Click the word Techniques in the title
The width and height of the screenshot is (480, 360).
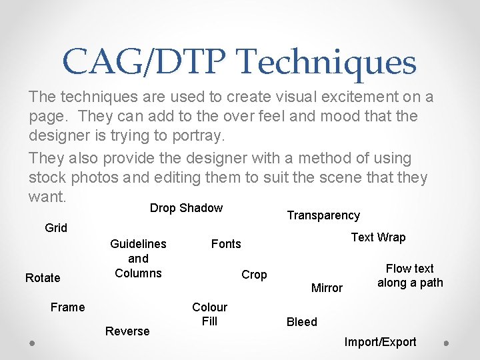(327, 62)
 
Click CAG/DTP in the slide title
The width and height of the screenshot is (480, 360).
(145, 62)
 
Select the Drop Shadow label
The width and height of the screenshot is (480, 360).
(186, 208)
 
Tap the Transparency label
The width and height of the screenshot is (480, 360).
(323, 215)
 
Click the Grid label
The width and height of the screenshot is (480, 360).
(56, 228)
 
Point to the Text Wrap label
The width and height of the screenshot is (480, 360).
(378, 237)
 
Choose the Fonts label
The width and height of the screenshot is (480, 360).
(226, 244)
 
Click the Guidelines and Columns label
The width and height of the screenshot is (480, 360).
(138, 259)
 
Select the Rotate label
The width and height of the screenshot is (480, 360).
(43, 278)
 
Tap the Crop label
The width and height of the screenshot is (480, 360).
(254, 275)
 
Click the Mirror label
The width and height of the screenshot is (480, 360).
(327, 288)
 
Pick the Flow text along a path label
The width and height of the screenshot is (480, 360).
(410, 275)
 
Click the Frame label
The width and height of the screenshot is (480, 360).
(68, 307)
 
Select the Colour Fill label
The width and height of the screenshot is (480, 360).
(209, 314)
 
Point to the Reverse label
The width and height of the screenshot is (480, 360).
(127, 331)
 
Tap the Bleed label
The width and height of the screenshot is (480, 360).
(302, 322)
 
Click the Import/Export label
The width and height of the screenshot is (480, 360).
(380, 342)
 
